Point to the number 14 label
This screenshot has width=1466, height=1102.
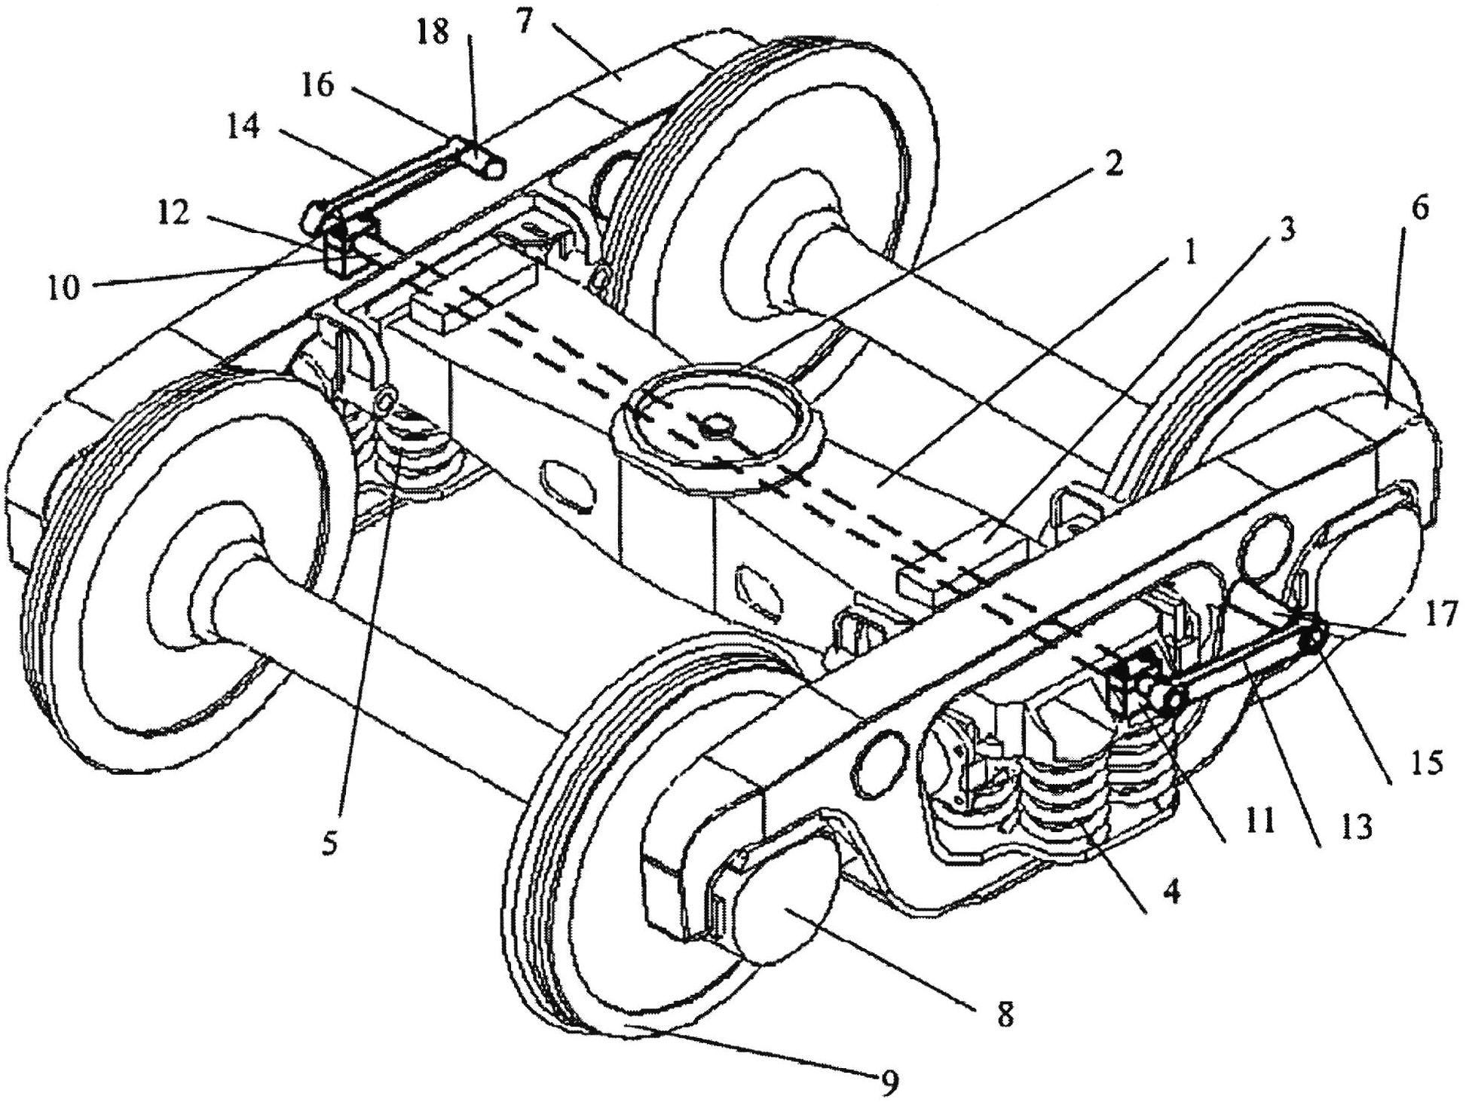pyautogui.click(x=243, y=129)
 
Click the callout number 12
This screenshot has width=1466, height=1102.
pyautogui.click(x=175, y=216)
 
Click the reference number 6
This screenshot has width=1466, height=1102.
pyautogui.click(x=1420, y=209)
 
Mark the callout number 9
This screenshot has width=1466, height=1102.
pyautogui.click(x=889, y=1083)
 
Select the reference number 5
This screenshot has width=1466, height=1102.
pyautogui.click(x=329, y=844)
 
